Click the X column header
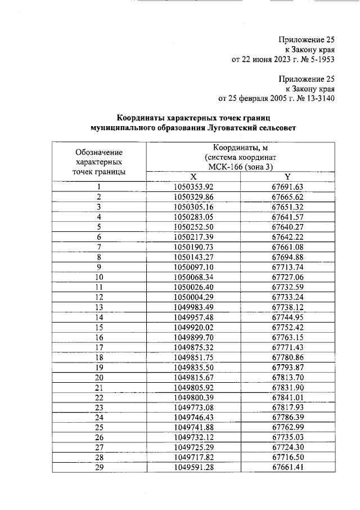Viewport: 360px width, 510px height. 193,176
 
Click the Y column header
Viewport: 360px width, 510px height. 287,176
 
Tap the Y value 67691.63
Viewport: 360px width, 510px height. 287,187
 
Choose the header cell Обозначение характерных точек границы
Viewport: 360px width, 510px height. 99,162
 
